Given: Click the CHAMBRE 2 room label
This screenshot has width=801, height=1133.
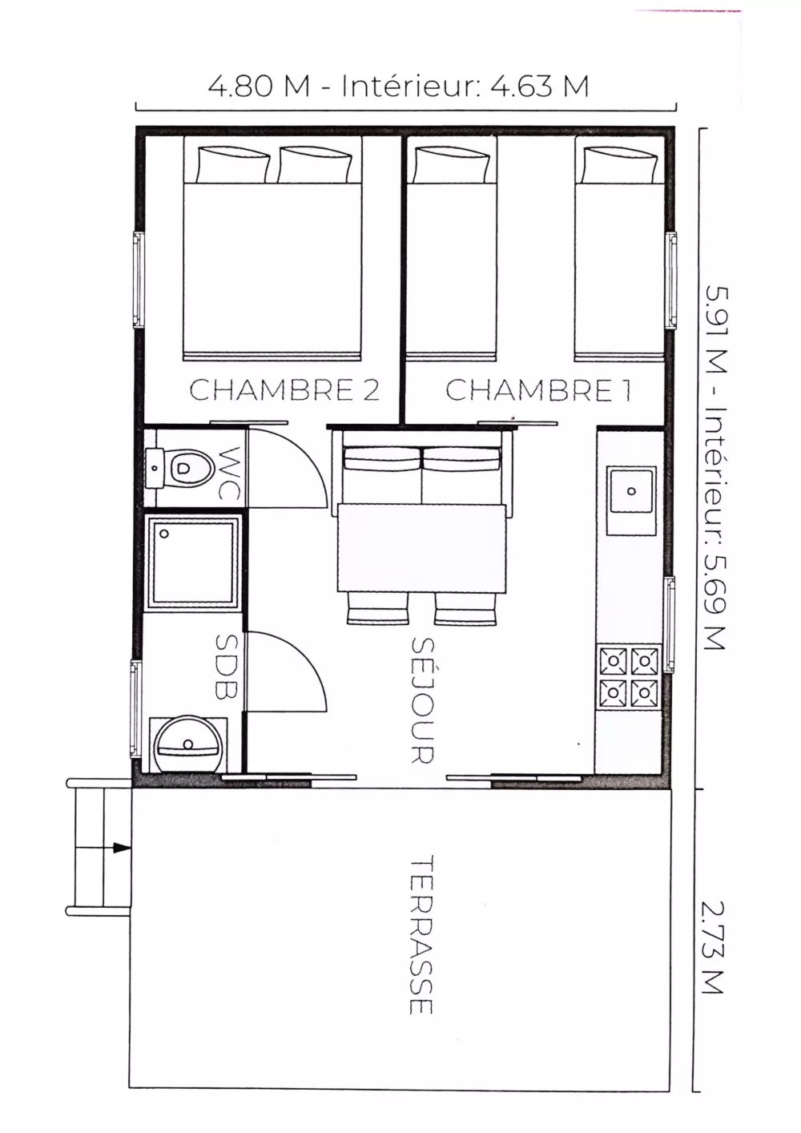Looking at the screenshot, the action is pyautogui.click(x=284, y=390).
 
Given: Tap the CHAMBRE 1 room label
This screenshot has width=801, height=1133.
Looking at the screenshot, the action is pyautogui.click(x=538, y=390).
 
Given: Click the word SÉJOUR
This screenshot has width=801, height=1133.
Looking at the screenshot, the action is pyautogui.click(x=422, y=700).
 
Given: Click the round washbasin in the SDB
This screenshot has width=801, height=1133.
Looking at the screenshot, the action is pyautogui.click(x=188, y=744).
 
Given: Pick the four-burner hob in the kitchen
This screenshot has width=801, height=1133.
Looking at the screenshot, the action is pyautogui.click(x=629, y=677).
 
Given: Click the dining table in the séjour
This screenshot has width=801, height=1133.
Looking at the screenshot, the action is pyautogui.click(x=422, y=548).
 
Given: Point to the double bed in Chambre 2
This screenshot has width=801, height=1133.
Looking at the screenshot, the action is pyautogui.click(x=272, y=248).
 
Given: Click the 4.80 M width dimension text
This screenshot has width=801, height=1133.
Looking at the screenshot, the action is pyautogui.click(x=259, y=86).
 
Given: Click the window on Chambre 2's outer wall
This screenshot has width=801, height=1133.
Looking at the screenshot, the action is pyautogui.click(x=139, y=280).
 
